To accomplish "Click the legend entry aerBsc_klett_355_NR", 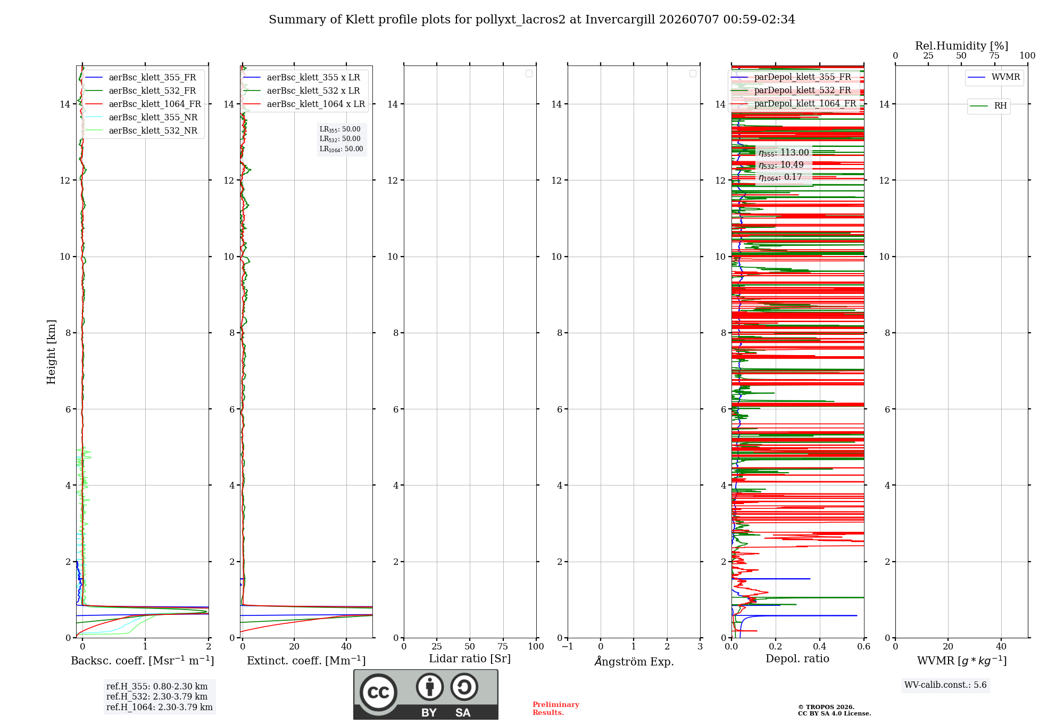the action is (141, 117).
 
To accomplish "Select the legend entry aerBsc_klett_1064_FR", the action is (143, 104).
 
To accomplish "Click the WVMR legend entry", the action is (994, 77).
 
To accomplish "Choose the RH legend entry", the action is (988, 106).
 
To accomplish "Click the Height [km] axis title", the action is (51, 352).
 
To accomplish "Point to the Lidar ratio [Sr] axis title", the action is (470, 659).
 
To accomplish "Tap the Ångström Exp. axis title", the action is (634, 661).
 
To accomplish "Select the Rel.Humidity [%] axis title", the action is (961, 46).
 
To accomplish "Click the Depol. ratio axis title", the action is (797, 659).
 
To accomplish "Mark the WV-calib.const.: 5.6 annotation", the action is (945, 685).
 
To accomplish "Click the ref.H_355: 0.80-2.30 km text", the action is (157, 686).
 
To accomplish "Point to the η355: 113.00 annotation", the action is (784, 153).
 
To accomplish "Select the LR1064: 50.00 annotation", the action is (341, 149).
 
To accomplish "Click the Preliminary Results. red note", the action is (556, 709).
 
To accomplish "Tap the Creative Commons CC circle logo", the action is (378, 692).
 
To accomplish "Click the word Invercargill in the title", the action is (620, 20).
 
